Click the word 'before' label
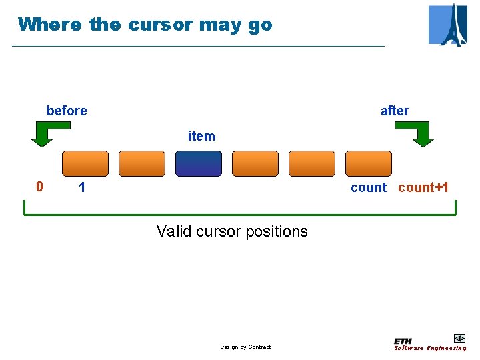[x=67, y=111]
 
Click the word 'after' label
[x=395, y=111]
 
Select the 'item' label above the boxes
[x=201, y=136]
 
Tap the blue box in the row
[x=199, y=163]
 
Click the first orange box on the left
[x=85, y=163]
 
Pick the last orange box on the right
[x=369, y=163]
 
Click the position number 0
[x=39, y=187]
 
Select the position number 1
[x=81, y=187]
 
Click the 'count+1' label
[x=423, y=187]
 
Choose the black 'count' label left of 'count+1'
[x=368, y=187]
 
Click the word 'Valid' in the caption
[x=173, y=231]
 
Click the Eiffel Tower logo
[x=448, y=25]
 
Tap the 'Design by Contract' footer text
[x=245, y=347]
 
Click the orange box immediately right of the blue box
[x=255, y=163]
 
